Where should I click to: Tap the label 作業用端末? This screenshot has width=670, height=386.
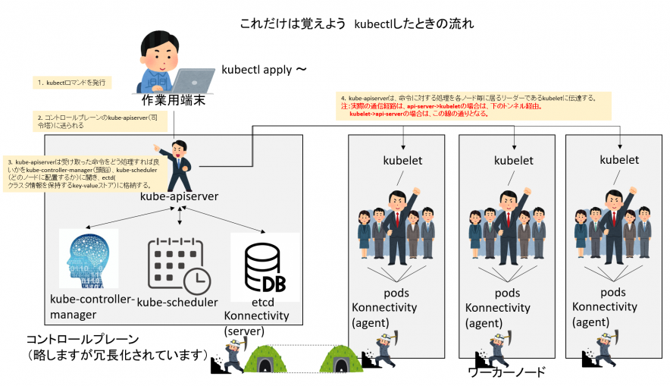[174, 101]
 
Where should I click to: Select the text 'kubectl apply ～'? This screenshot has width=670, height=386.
[264, 69]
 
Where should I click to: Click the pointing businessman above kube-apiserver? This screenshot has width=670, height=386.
[178, 162]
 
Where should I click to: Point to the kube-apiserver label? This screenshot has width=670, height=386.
[179, 197]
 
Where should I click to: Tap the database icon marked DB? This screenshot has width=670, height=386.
[261, 267]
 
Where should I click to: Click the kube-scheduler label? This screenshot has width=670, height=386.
[177, 303]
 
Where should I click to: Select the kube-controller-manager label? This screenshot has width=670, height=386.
[92, 306]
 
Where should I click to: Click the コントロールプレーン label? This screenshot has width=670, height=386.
[83, 339]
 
